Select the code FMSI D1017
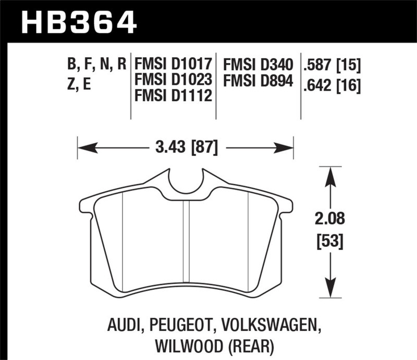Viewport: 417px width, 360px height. [173, 65]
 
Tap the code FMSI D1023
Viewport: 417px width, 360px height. [173, 81]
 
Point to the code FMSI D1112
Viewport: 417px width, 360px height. [173, 96]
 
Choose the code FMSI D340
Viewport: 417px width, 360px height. [259, 65]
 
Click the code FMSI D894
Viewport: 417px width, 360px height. [259, 81]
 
